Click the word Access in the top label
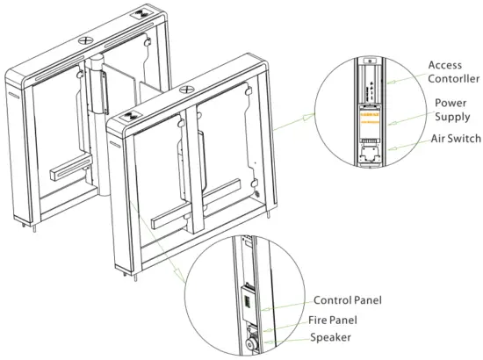(x=445, y=65)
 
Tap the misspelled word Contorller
(x=452, y=79)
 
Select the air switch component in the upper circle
(x=370, y=155)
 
